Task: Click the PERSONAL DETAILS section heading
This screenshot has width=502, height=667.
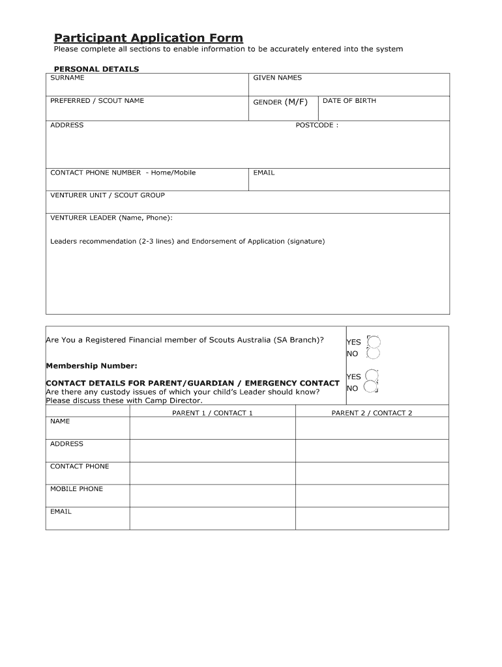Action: (96, 69)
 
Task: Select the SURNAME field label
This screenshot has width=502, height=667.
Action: (67, 78)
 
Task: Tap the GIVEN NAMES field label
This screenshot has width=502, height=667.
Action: (277, 78)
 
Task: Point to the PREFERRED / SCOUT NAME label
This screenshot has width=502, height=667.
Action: (97, 101)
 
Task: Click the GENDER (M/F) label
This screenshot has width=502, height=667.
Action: (280, 102)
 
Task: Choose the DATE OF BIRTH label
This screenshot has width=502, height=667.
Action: (349, 101)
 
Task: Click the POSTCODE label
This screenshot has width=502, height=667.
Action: (317, 125)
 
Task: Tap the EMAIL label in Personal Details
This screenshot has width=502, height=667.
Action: (264, 173)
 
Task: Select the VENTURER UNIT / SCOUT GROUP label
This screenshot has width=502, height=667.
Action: (108, 195)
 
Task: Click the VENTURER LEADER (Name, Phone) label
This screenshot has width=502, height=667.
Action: (111, 218)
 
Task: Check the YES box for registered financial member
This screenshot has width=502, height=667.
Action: (374, 341)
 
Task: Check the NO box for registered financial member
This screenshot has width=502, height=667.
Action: (374, 354)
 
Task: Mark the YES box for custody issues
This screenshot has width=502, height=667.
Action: (372, 375)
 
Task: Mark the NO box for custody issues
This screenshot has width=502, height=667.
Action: (371, 388)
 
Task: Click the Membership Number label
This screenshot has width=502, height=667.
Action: (91, 366)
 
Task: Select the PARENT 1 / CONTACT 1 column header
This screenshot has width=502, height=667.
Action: (212, 413)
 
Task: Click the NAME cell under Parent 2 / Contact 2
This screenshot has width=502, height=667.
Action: (372, 428)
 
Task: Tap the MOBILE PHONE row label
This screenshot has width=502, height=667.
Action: (76, 489)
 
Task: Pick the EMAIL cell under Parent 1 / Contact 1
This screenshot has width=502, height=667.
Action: (212, 518)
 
